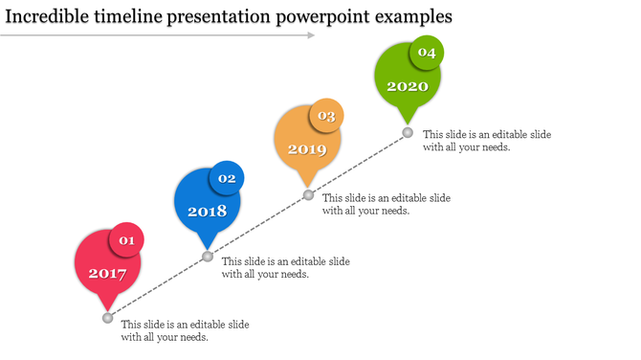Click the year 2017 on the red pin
107,273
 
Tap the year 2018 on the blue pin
207,212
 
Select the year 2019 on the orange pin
307,149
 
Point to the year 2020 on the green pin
408,86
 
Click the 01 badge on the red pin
126,240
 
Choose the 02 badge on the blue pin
227,178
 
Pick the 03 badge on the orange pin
326,116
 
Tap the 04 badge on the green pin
427,54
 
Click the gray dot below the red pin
107,318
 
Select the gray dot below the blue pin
208,257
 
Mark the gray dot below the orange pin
308,194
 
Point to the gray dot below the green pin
408,132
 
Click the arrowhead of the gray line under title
310,35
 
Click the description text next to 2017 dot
185,330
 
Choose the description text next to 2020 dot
486,141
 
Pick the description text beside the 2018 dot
285,267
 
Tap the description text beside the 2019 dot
386,204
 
